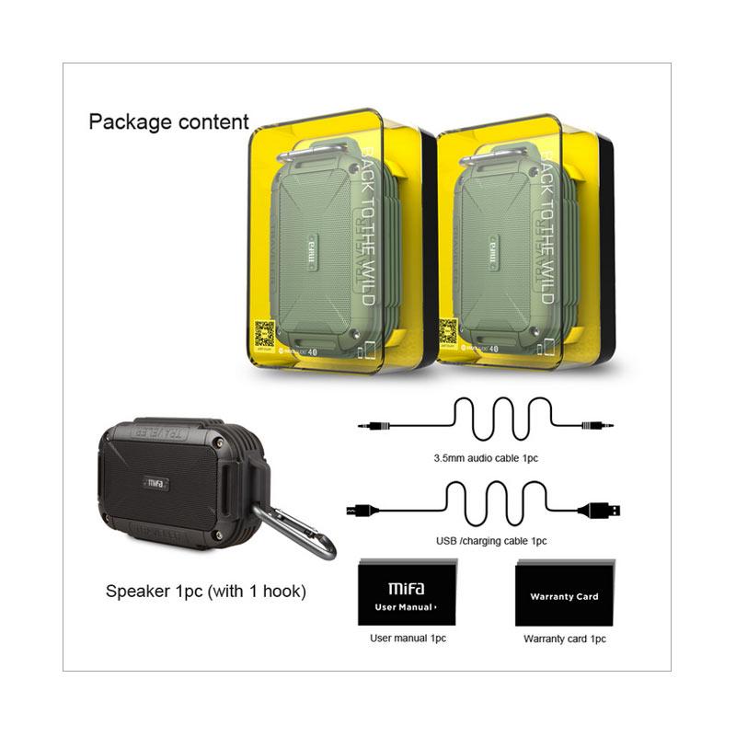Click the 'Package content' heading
(168, 121)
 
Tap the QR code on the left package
(265, 333)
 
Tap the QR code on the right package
(448, 331)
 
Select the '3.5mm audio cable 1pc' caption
(482, 456)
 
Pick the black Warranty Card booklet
(563, 593)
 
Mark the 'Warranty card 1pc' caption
(565, 638)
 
